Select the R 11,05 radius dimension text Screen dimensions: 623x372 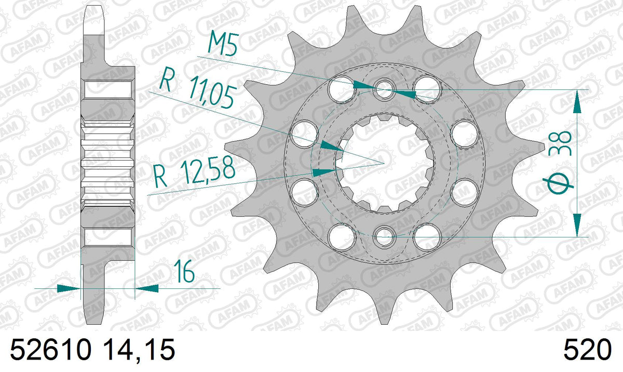198,88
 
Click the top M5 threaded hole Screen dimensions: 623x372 384,89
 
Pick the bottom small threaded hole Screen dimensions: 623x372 384,236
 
